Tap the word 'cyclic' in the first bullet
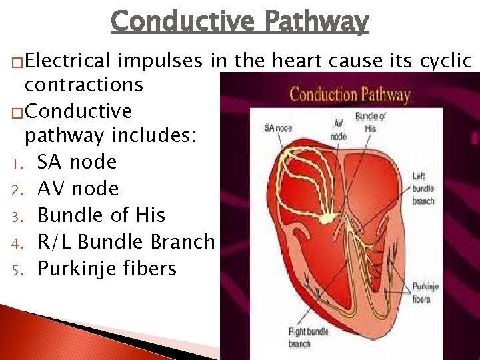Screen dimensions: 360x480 tap(445, 61)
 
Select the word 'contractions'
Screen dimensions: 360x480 tap(84, 85)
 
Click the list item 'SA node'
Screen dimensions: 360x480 tap(77, 162)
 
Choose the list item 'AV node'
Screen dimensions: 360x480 tap(78, 189)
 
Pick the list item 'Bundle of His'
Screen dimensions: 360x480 tap(101, 215)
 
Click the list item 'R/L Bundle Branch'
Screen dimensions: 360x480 tap(126, 242)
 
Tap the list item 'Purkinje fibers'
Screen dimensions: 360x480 tap(107, 269)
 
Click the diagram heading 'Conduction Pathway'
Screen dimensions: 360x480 tap(349, 94)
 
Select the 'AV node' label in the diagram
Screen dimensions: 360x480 tap(339, 130)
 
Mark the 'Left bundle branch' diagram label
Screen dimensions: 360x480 tap(423, 189)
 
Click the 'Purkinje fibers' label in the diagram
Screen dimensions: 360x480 tap(425, 293)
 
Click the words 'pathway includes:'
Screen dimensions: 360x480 tap(111, 137)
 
